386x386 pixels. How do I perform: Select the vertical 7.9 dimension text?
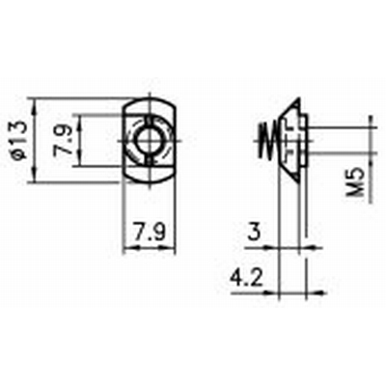tap(61, 140)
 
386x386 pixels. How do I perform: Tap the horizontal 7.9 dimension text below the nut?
tap(148, 233)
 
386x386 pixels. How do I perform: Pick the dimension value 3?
tap(254, 232)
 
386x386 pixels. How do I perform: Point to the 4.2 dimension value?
tap(243, 277)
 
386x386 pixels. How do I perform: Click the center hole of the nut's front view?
tap(149, 139)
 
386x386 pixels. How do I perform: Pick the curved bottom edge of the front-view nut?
tap(149, 180)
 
